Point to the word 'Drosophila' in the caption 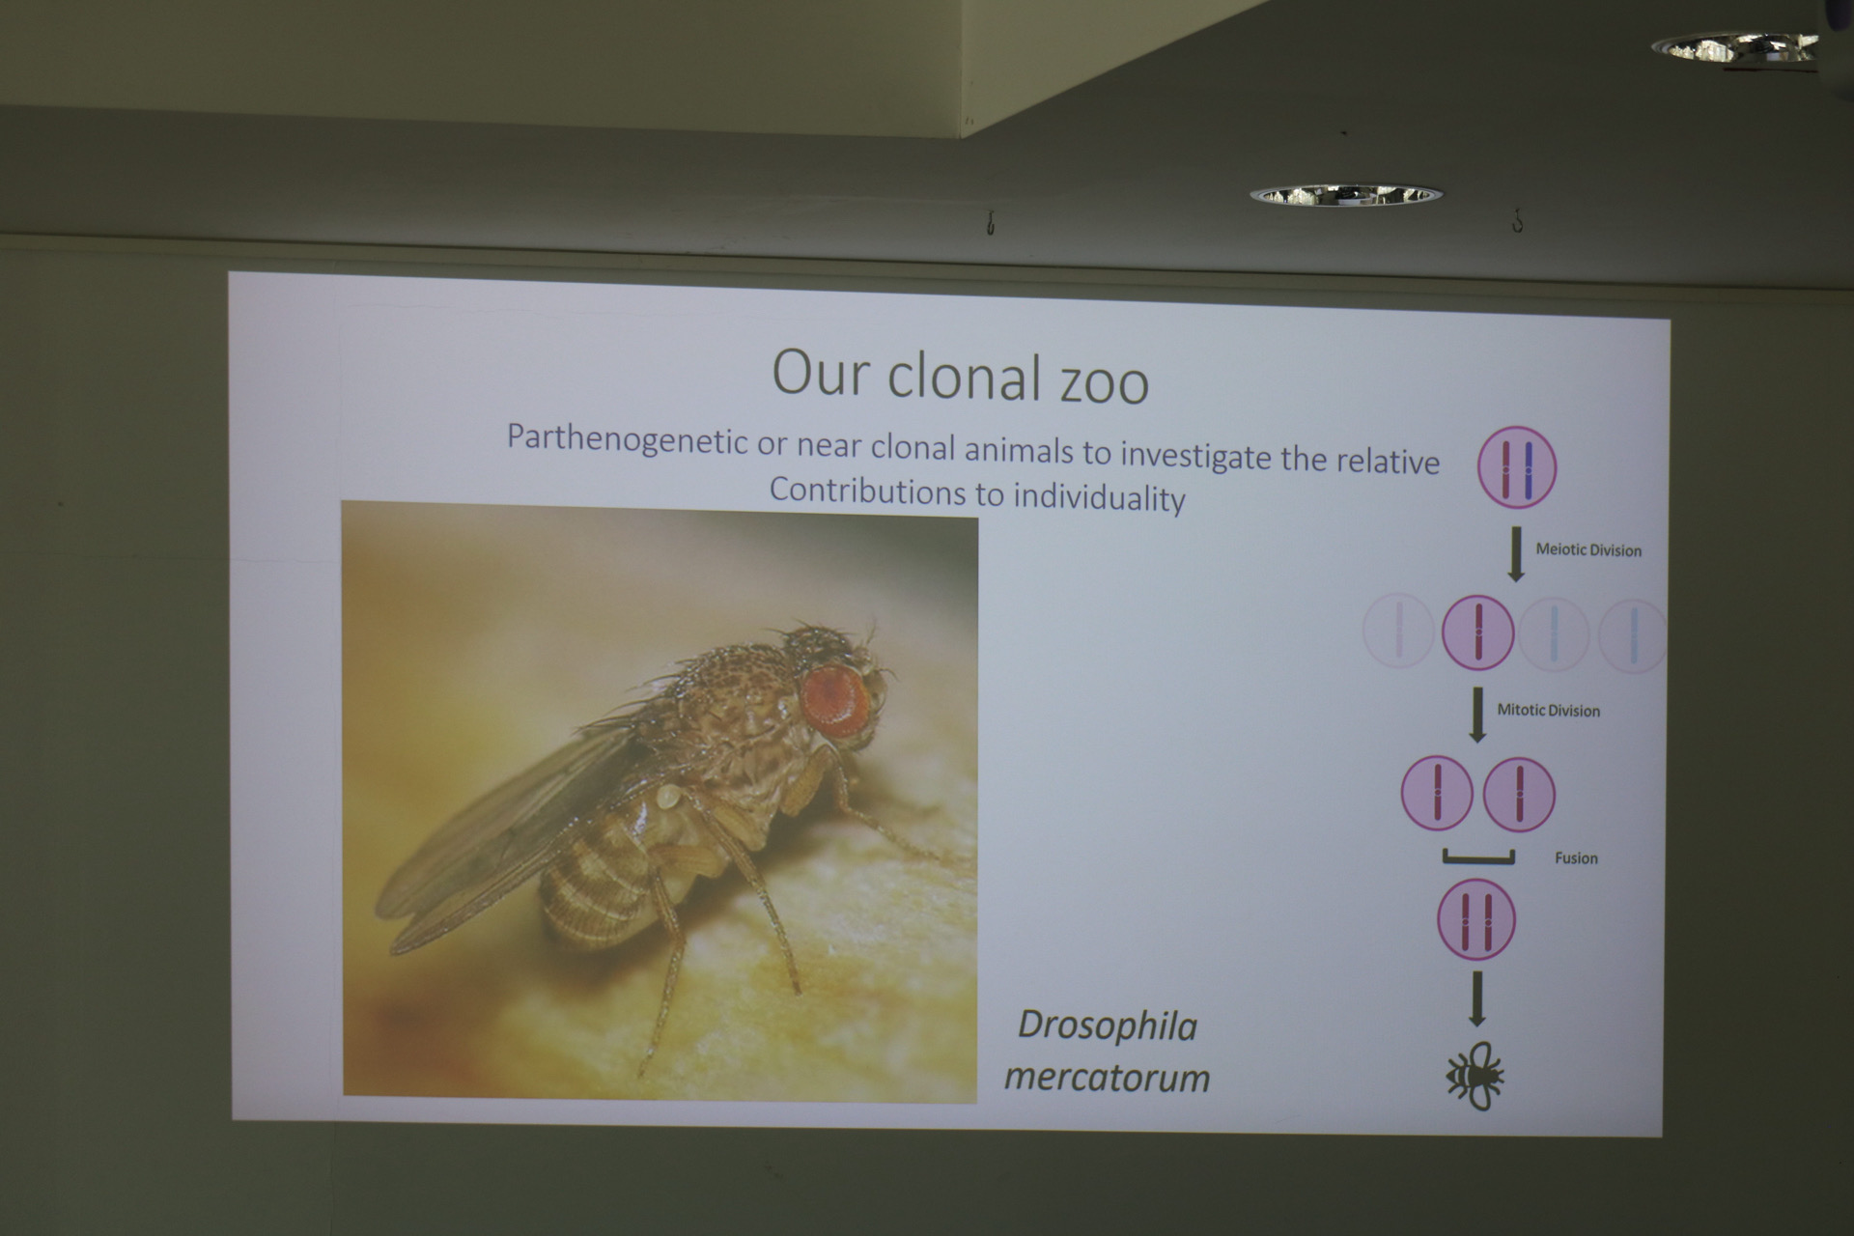[1108, 1025]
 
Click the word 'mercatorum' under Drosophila [1107, 1077]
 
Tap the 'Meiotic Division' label [1588, 550]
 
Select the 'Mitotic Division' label [1548, 711]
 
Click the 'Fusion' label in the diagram [1576, 857]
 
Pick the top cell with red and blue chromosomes [1517, 467]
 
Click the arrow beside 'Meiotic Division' [1516, 553]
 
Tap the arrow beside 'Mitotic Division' [1476, 715]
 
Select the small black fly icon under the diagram [1475, 1076]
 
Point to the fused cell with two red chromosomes [1476, 919]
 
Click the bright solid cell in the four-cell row [1477, 632]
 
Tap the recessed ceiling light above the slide [1345, 195]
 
